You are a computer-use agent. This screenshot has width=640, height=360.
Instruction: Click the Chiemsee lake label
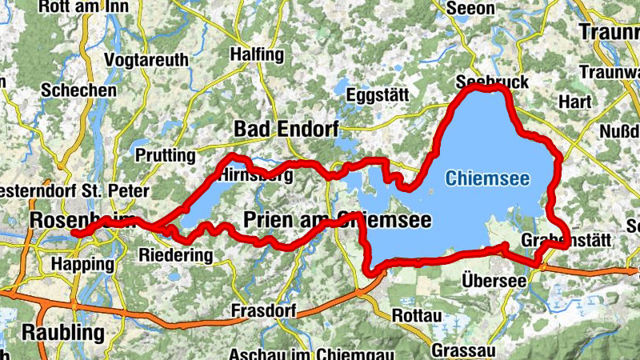(487, 179)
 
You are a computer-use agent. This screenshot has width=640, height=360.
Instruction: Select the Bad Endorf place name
(286, 129)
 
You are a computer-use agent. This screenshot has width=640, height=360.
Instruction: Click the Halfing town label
(256, 55)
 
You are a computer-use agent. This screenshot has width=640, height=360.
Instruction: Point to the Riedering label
(176, 256)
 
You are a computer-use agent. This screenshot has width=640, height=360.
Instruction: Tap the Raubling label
(63, 332)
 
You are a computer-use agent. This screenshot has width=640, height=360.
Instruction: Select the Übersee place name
(494, 281)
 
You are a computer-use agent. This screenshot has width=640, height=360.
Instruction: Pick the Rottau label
(416, 316)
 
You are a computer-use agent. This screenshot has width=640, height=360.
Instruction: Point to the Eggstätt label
(378, 95)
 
